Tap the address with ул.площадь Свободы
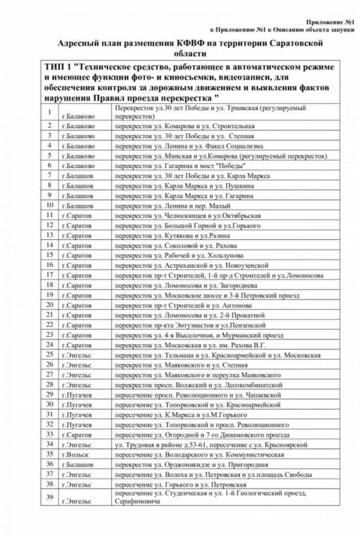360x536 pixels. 214,474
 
